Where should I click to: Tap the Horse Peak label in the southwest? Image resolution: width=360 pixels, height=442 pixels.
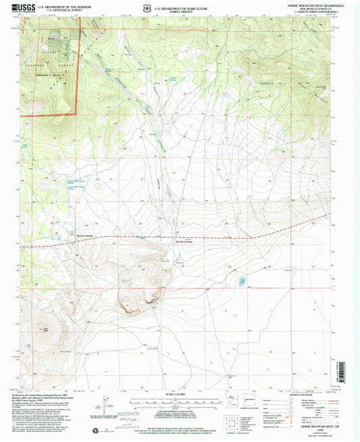pyautogui.click(x=45, y=328)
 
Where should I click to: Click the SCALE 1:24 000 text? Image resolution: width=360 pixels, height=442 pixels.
pyautogui.click(x=178, y=393)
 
